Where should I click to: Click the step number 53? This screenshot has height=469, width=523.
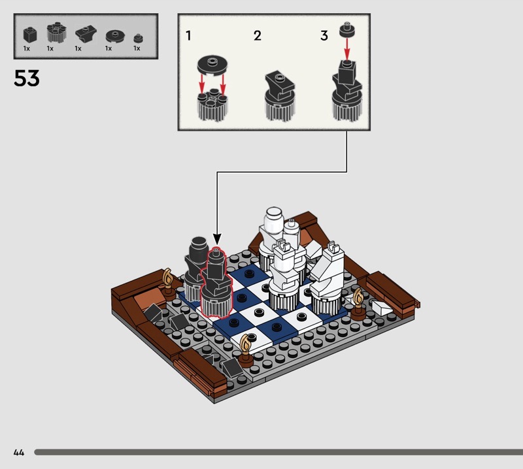coord(27,78)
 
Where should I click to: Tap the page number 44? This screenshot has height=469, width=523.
coord(19,452)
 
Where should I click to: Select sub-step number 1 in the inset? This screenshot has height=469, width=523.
coord(188,36)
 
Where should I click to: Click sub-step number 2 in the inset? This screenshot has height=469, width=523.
coord(257,36)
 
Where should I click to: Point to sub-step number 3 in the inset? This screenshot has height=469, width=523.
coord(324,36)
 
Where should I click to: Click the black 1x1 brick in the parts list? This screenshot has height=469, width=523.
coord(29,35)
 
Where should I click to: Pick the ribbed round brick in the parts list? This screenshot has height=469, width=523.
coord(56,33)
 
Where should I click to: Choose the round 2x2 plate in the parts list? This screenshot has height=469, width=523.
coord(116,36)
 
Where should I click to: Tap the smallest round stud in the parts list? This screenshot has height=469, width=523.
coord(138,39)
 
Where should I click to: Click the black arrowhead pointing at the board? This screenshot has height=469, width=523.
coord(217,239)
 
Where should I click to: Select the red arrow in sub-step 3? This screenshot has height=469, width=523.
coord(347,49)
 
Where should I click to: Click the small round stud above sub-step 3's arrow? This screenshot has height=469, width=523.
coord(347,30)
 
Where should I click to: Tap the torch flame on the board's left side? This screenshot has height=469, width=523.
coord(167,277)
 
